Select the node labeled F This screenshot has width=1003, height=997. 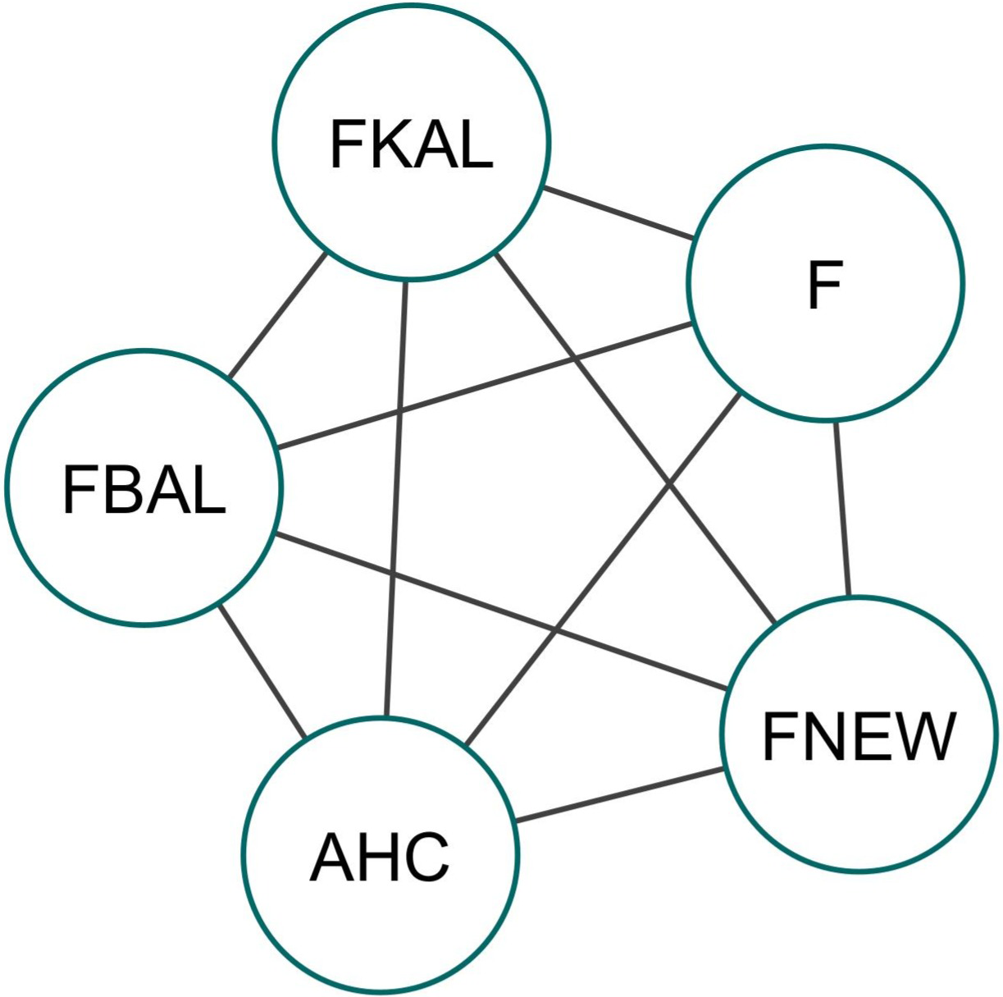tap(825, 284)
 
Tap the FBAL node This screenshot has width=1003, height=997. tap(144, 488)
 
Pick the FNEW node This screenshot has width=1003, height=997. tap(858, 735)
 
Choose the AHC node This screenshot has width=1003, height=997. tap(381, 853)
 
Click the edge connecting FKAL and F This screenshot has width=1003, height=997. tap(619, 214)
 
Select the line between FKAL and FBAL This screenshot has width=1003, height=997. tap(277, 316)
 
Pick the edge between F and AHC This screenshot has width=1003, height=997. tap(603, 570)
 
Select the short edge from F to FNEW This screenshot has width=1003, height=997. tap(842, 509)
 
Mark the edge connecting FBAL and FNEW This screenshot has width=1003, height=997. tap(500, 611)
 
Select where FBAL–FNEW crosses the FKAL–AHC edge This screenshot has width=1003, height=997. tap(392, 574)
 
